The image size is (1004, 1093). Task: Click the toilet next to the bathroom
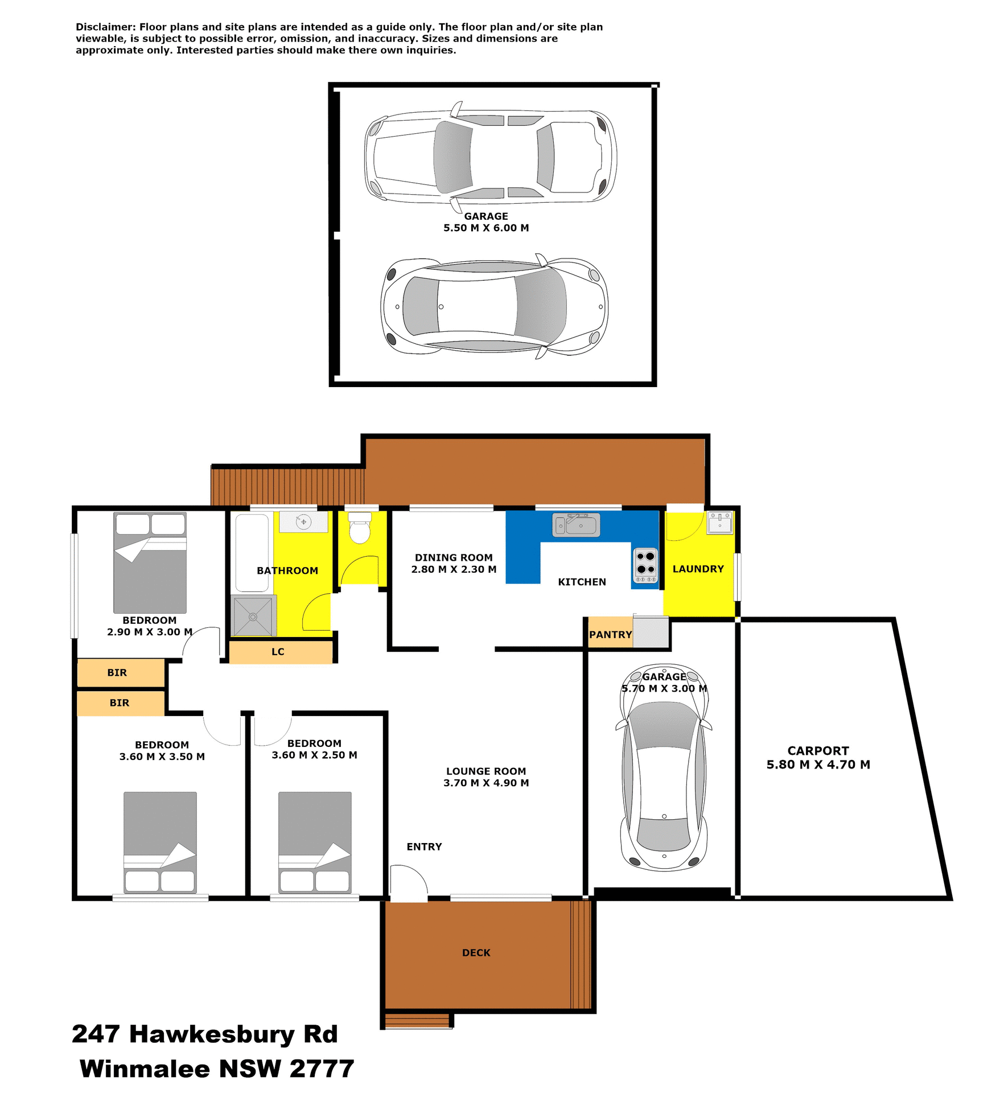(x=359, y=528)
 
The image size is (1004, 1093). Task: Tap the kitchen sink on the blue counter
(x=576, y=525)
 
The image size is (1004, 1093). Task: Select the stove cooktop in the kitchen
(x=645, y=565)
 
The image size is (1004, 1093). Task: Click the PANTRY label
(x=610, y=635)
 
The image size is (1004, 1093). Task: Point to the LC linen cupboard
(x=278, y=652)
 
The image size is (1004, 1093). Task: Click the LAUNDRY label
(x=698, y=569)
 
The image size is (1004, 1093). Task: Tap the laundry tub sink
(x=720, y=522)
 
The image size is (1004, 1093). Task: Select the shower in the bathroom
(x=253, y=617)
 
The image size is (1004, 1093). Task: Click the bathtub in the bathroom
(x=252, y=553)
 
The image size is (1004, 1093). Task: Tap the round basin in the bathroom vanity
(x=303, y=521)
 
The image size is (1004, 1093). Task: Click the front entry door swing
(x=408, y=884)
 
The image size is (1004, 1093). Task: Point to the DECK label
(x=476, y=952)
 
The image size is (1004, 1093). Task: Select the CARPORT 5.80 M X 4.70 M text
(x=818, y=758)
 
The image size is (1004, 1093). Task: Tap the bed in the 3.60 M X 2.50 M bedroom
(x=315, y=842)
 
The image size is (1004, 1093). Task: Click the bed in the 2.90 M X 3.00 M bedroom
(x=150, y=562)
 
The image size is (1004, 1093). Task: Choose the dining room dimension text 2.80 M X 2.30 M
(x=454, y=569)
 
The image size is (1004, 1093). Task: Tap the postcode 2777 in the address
(x=322, y=1069)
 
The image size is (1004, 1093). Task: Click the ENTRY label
(x=424, y=847)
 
